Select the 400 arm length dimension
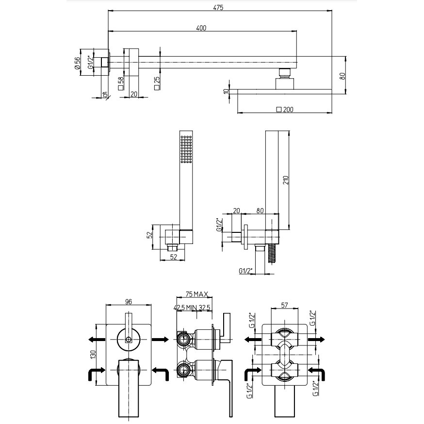pyautogui.click(x=201, y=28)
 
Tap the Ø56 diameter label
pyautogui.click(x=78, y=63)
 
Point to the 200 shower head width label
pyautogui.click(x=285, y=110)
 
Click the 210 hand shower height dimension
pyautogui.click(x=286, y=180)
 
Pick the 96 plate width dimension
pyautogui.click(x=129, y=301)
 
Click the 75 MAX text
pyautogui.click(x=197, y=294)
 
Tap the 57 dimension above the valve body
pyautogui.click(x=284, y=305)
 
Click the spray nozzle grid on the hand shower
pyautogui.click(x=186, y=149)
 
